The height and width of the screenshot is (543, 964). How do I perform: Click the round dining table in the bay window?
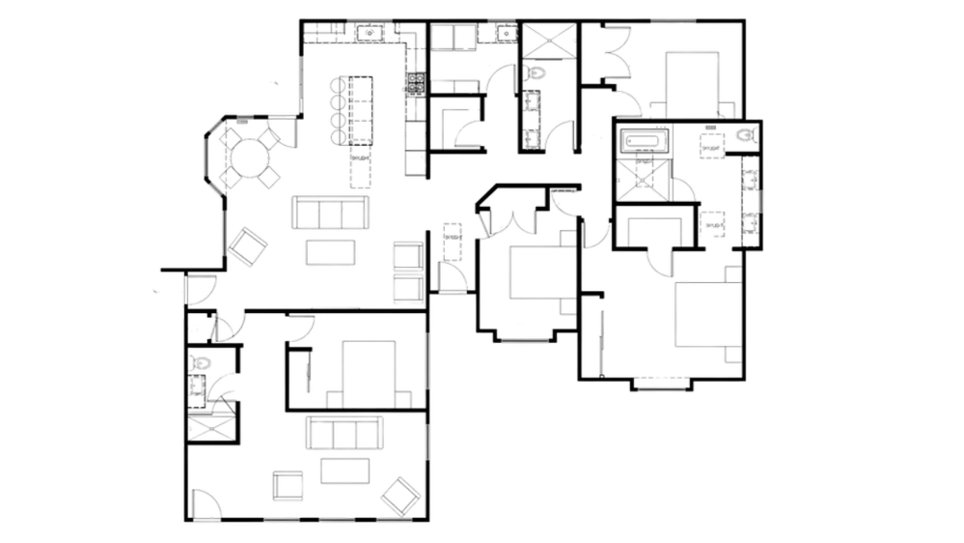tap(250, 155)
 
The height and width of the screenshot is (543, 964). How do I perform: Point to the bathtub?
tap(642, 142)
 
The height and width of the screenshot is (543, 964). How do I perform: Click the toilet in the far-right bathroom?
tap(744, 136)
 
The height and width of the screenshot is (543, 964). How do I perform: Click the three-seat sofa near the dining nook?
tap(331, 213)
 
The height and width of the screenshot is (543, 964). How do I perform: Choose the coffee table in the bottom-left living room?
tap(344, 471)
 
